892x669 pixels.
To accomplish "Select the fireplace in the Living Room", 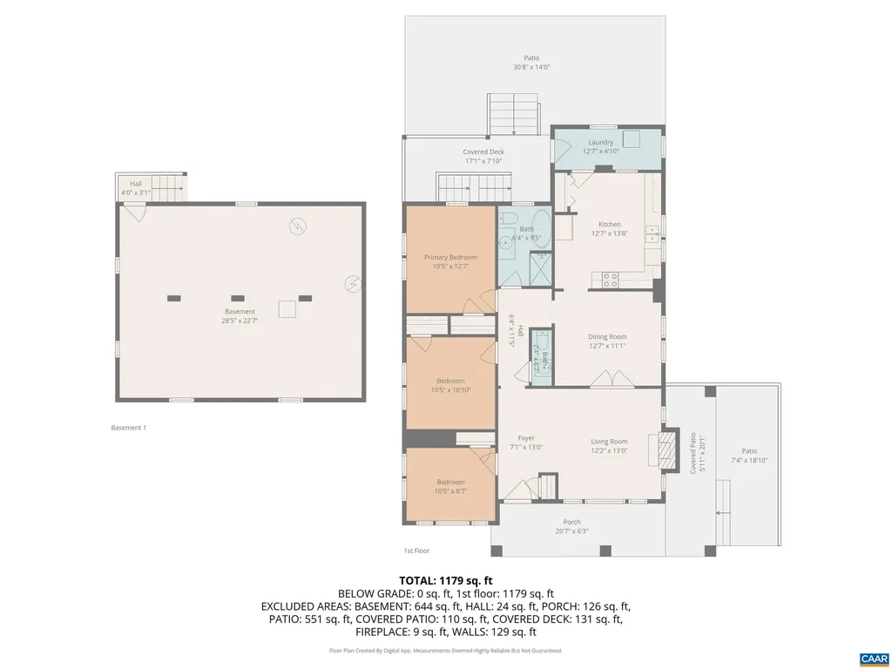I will [x=666, y=449].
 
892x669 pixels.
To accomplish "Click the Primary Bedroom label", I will [x=450, y=257].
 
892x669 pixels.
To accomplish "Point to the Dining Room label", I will [x=607, y=337].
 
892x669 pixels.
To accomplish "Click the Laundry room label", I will [x=600, y=142].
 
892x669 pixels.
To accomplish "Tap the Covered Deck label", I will [x=483, y=152].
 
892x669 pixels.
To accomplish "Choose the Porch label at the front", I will [x=571, y=522].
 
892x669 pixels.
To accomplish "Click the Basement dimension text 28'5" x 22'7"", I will [x=240, y=321].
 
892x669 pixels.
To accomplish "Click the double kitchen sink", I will [x=650, y=233].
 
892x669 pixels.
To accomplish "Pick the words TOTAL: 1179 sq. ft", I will [x=446, y=580].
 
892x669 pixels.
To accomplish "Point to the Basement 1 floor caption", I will [x=129, y=428].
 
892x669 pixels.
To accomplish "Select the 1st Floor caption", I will [x=416, y=551].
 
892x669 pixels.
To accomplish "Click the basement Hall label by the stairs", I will [x=136, y=184].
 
